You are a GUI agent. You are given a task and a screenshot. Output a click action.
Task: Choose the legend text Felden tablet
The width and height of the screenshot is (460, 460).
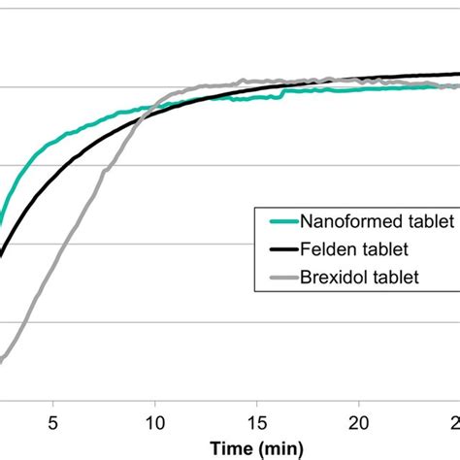pyautogui.click(x=346, y=249)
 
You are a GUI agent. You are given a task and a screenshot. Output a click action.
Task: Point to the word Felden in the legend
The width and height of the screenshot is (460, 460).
pyautogui.click(x=324, y=249)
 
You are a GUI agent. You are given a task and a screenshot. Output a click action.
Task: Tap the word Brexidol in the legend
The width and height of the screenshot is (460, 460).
pyautogui.click(x=330, y=278)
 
